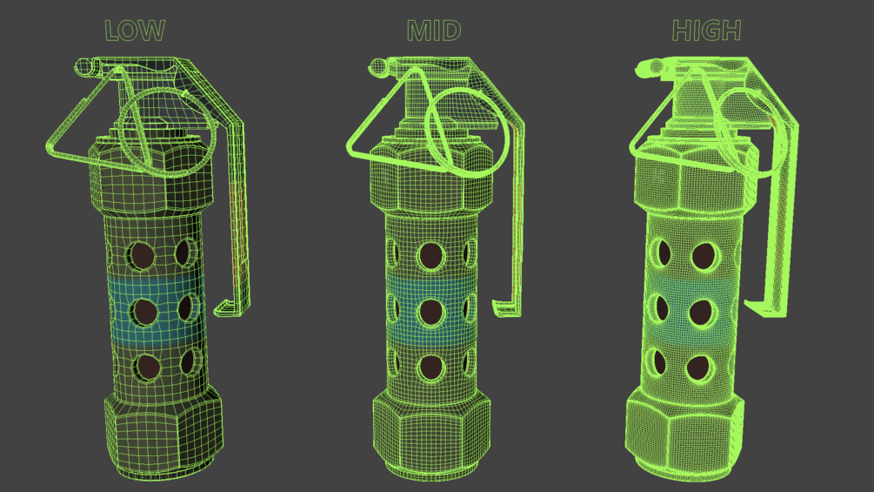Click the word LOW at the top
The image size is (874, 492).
(x=135, y=30)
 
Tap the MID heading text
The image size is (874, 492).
(x=434, y=30)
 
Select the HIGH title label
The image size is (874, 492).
(x=706, y=30)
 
